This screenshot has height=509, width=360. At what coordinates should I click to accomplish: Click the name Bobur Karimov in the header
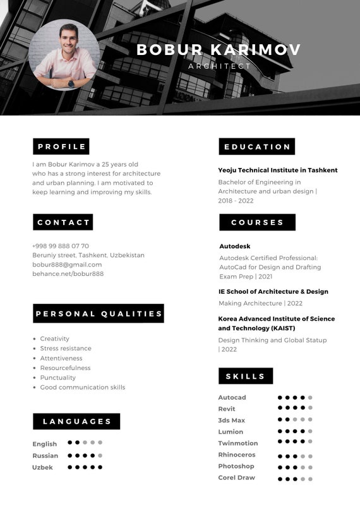point(219,50)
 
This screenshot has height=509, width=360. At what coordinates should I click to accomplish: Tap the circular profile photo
point(64,55)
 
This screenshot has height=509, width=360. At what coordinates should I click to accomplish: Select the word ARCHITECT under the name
point(219,66)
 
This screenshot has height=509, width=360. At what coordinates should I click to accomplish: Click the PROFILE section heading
point(61,147)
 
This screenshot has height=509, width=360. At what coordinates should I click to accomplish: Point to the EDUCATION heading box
point(257,147)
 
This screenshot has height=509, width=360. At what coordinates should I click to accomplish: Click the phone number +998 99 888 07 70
point(61,246)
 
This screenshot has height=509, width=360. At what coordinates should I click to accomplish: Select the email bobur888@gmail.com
point(67,265)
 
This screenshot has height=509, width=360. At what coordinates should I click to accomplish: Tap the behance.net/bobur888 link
point(68,274)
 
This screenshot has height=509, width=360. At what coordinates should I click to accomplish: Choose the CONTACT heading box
point(63,222)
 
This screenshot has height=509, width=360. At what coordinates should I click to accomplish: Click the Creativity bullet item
point(54,339)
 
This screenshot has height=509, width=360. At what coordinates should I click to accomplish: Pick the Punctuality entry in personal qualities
point(57,378)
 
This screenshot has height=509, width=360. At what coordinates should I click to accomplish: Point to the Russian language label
point(45,456)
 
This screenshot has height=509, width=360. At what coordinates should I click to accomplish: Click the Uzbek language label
point(43,467)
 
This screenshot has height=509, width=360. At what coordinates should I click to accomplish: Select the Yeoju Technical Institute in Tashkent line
point(278,171)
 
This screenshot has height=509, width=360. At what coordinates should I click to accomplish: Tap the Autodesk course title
point(235,246)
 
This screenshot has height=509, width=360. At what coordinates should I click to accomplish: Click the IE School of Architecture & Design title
point(273,292)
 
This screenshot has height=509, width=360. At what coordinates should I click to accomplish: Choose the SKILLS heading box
point(246,376)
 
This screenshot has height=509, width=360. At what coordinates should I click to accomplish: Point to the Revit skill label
point(227,409)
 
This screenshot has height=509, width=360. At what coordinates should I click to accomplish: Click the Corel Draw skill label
point(237,478)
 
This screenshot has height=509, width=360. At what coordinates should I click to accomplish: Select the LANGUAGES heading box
point(77,422)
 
